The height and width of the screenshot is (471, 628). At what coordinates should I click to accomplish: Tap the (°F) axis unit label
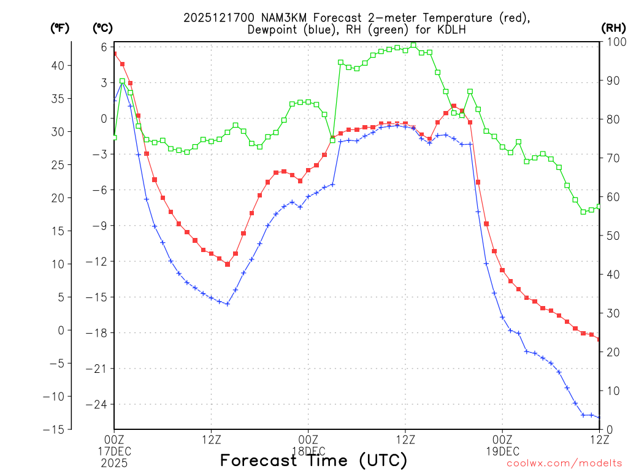(x=59, y=28)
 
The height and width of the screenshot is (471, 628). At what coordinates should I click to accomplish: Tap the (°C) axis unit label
(x=102, y=28)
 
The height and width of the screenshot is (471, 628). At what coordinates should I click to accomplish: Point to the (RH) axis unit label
(x=613, y=28)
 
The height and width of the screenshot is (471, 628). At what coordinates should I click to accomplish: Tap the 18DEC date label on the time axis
(x=308, y=451)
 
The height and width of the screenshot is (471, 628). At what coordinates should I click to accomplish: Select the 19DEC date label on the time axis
(x=502, y=451)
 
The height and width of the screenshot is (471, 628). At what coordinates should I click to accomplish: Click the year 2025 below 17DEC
(x=114, y=461)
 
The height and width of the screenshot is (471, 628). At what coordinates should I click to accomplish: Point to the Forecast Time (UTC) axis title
(x=313, y=460)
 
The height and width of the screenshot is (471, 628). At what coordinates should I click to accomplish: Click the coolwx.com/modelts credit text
(x=564, y=463)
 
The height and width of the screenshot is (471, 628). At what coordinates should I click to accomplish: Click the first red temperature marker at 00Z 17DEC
(x=115, y=54)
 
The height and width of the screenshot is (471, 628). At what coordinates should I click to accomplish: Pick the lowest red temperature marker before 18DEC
(x=227, y=264)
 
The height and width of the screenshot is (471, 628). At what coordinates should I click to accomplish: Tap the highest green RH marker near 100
(x=413, y=45)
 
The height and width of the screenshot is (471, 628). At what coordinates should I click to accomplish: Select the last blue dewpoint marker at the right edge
(x=599, y=418)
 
